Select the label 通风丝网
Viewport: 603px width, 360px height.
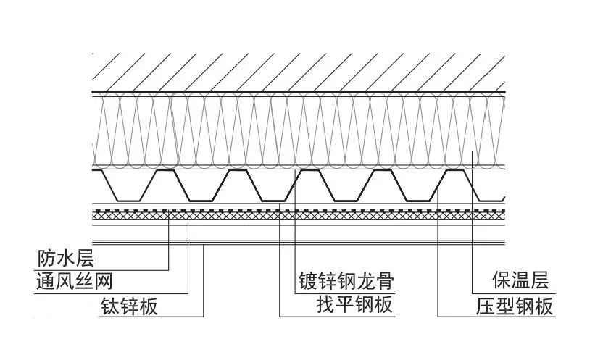pyautogui.click(x=75, y=281)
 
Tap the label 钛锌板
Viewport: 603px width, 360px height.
pyautogui.click(x=130, y=306)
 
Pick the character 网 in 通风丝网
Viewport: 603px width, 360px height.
pyautogui.click(x=104, y=281)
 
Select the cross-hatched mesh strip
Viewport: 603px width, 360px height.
pyautogui.click(x=297, y=215)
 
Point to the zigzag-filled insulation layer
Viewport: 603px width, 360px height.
pyautogui.click(x=297, y=130)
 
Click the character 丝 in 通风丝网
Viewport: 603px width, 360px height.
pyautogui.click(x=84, y=281)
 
